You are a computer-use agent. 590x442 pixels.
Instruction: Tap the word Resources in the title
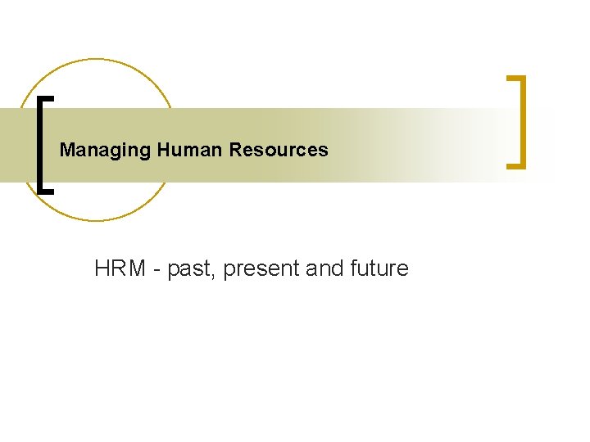279,151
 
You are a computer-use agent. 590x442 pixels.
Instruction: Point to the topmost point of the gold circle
96,59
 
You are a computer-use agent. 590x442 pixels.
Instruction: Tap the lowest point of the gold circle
96,220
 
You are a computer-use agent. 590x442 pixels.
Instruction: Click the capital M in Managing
66,151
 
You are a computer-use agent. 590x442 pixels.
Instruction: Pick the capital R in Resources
236,151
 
